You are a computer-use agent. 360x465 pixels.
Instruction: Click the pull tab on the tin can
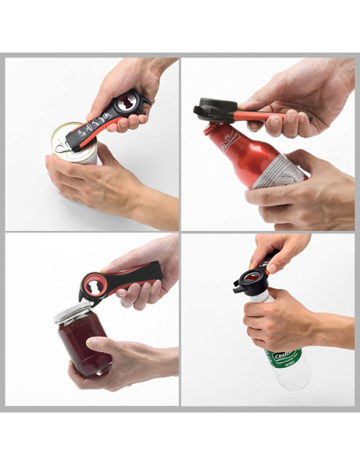(x=60, y=143)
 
